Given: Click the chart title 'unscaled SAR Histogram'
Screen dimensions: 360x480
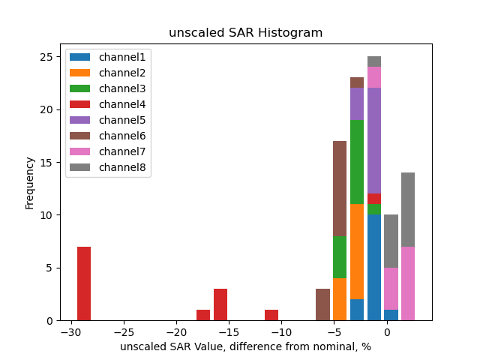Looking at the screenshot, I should pos(245,33).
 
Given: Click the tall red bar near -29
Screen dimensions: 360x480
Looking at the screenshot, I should pos(84,283).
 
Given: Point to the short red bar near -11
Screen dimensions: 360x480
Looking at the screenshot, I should pos(271,315).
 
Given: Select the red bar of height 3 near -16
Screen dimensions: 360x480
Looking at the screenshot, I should pos(220,304).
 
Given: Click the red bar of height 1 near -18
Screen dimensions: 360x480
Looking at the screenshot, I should pos(203,315).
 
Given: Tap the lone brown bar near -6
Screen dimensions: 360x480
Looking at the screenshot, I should pos(322,304).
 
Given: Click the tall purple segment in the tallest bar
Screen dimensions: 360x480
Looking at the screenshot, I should pos(374,141).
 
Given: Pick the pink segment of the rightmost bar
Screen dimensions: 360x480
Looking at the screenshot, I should pos(408,283).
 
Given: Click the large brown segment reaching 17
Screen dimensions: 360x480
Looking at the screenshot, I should pos(340,188).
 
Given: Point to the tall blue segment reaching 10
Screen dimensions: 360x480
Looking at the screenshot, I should pos(374,268).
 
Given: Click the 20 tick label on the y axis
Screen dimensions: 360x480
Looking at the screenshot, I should pos(47,109).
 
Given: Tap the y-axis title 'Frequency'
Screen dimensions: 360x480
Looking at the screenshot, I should pos(30,182).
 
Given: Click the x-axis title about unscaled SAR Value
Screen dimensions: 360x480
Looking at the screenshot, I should pos(245,347).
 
